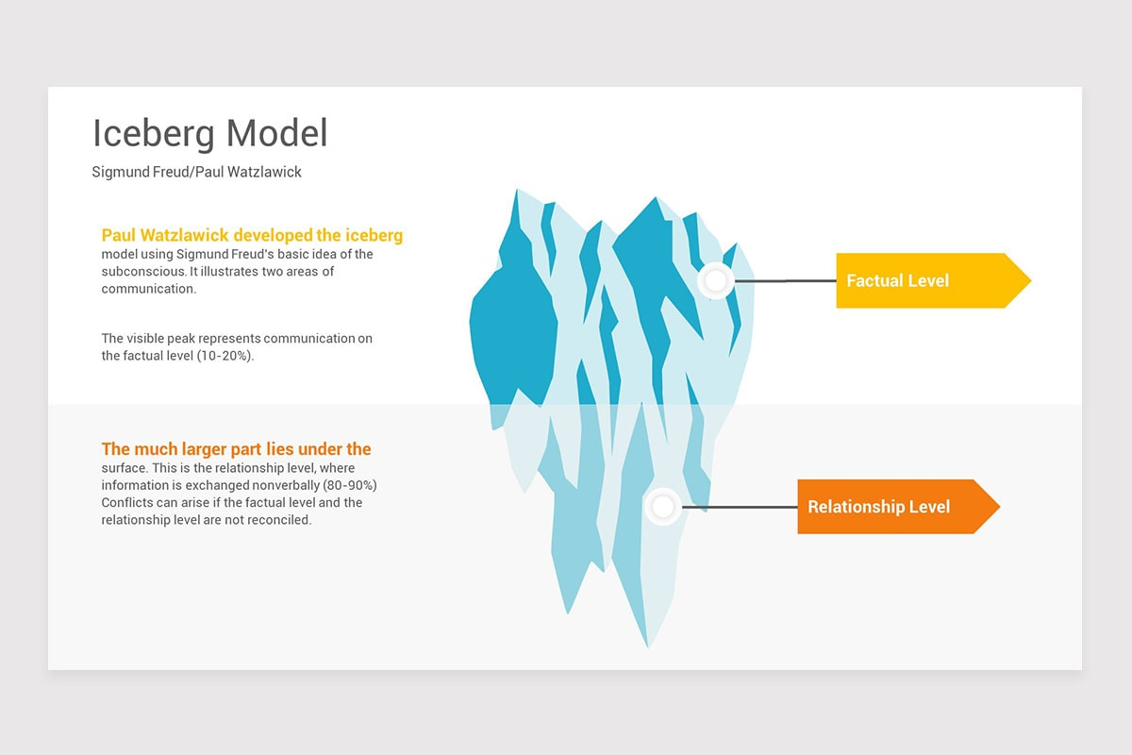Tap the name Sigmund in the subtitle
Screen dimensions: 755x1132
(121, 173)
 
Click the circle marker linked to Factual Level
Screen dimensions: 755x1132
(716, 280)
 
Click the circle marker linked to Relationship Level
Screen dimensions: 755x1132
(663, 507)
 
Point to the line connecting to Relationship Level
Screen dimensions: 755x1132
(740, 507)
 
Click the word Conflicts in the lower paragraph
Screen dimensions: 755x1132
(128, 502)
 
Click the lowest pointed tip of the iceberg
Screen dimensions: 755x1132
(647, 646)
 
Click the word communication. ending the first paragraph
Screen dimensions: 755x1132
(148, 289)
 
